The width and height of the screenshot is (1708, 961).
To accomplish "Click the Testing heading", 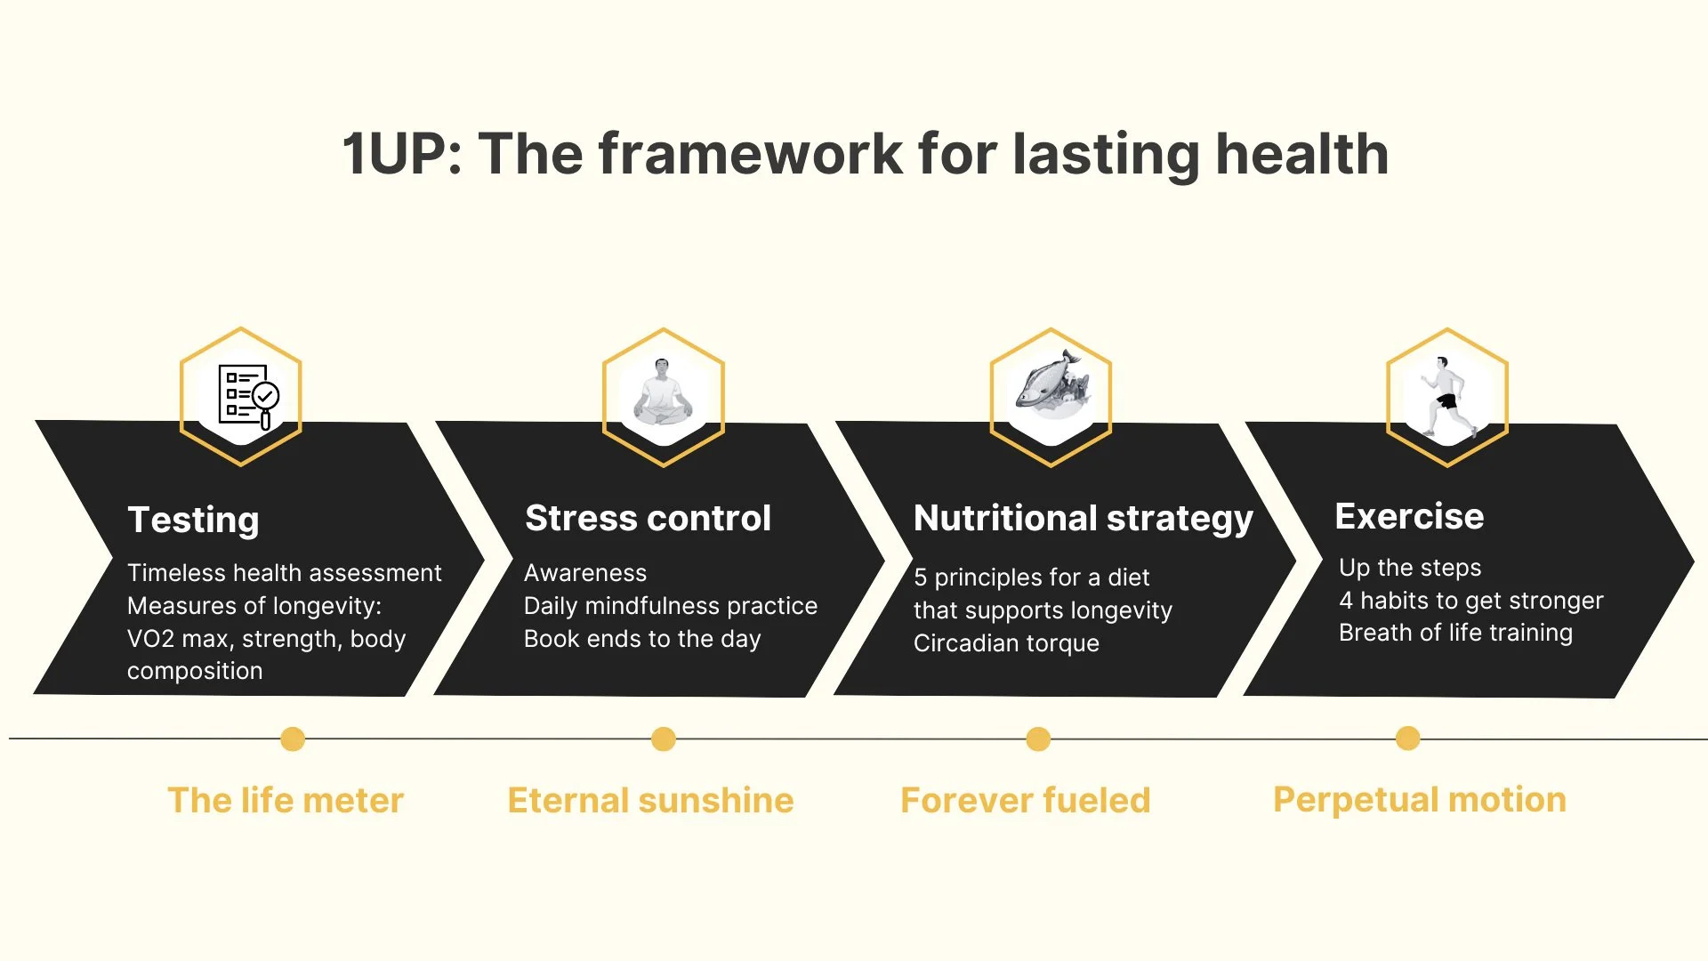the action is tap(193, 521).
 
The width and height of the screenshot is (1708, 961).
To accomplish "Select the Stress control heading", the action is tap(648, 518).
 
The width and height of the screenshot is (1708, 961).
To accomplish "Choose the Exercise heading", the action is tap(1409, 516).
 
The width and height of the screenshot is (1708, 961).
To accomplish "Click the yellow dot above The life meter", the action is tap(293, 739).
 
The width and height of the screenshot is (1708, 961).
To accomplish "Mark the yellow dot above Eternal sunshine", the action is tap(664, 739).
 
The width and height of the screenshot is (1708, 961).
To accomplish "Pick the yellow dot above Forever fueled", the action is tap(1038, 739).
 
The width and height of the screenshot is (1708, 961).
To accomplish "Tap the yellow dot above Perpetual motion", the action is tap(1408, 738).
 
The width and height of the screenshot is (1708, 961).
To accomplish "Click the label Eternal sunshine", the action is tap(650, 800).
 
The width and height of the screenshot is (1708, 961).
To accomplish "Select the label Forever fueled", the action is tap(1025, 800).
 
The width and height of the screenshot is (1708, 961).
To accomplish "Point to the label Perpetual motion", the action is tap(1419, 800).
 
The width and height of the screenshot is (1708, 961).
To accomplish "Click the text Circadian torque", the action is tap(1006, 643).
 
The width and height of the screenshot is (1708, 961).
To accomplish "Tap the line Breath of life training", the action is tap(1455, 633).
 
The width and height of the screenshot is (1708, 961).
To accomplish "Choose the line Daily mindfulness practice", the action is tap(670, 606).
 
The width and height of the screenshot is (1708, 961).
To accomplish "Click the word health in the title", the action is tap(1301, 154).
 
